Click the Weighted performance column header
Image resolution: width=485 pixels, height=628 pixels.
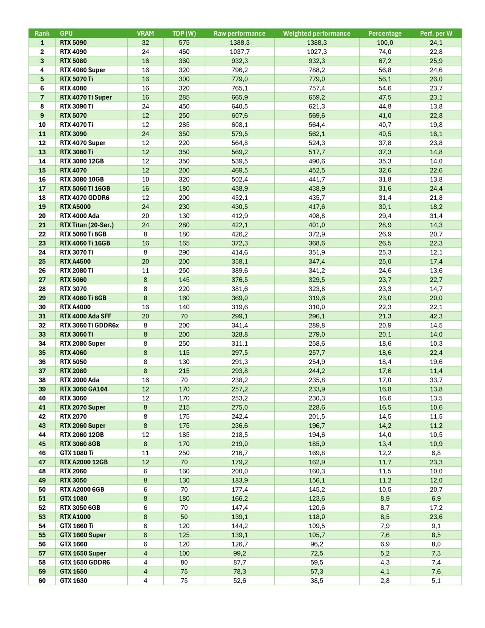point(316,33)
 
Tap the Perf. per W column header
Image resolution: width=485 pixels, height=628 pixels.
point(436,33)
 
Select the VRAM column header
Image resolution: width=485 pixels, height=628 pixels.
point(145,33)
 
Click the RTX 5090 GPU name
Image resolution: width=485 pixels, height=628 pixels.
point(73,42)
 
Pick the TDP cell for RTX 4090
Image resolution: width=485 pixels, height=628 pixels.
point(184,52)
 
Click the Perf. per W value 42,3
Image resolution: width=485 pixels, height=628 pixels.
point(436,316)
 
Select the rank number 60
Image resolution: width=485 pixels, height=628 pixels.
point(42,581)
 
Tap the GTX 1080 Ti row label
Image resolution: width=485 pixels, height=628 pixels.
point(77,453)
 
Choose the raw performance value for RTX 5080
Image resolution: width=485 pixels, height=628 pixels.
point(239,61)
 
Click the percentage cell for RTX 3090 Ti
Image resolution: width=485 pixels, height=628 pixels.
point(385,106)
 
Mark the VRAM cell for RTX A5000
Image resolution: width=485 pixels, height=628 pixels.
point(145,207)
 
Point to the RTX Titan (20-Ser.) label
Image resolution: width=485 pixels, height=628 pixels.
point(87,225)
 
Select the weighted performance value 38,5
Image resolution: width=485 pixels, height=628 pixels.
point(316,581)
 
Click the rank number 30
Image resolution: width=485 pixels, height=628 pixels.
point(42,307)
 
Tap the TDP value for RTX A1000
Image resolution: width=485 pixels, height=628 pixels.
point(184,517)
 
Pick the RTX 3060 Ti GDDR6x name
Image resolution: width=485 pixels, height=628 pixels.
point(89,325)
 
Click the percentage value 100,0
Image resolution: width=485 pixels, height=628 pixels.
point(385,42)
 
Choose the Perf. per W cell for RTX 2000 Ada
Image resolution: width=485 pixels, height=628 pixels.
point(436,380)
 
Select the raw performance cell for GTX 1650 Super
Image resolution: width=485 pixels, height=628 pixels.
point(239,553)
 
